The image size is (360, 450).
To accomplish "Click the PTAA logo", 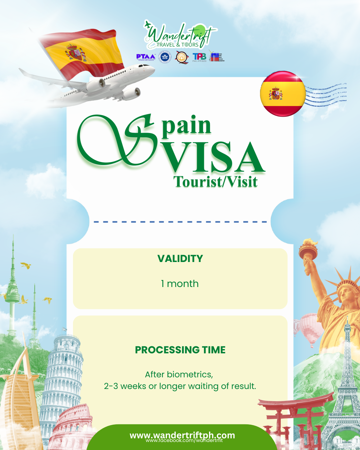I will pyautogui.click(x=146, y=57).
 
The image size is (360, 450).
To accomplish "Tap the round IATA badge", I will pyautogui.click(x=165, y=57).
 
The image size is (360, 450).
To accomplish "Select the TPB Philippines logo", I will pyautogui.click(x=199, y=57).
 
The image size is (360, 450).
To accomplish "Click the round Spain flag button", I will pyautogui.click(x=283, y=94).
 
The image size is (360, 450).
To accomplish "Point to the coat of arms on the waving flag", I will pyautogui.click(x=76, y=53).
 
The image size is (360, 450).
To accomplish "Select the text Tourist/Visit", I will pyautogui.click(x=215, y=182).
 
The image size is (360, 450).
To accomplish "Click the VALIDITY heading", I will pyautogui.click(x=180, y=259).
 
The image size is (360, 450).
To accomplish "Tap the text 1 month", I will pyautogui.click(x=180, y=284).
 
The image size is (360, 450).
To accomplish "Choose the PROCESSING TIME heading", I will pyautogui.click(x=180, y=350).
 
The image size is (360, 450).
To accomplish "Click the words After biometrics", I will pyautogui.click(x=179, y=374).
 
